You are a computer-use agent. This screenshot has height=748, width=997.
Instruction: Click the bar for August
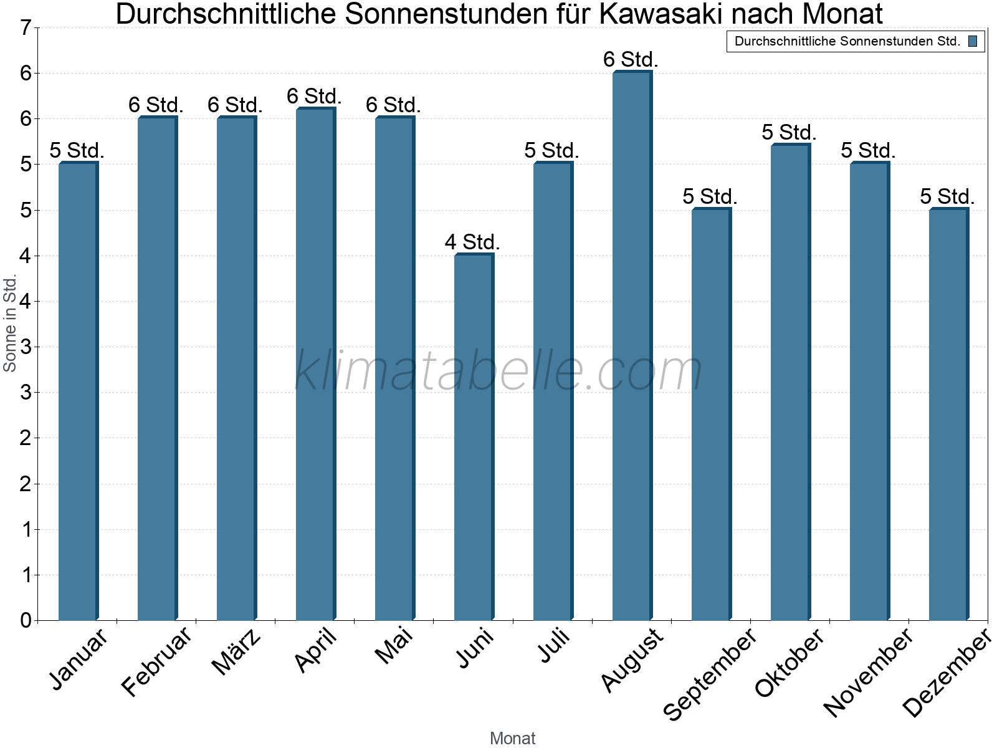coord(632,346)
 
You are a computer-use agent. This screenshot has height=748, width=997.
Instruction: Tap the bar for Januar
coord(78,391)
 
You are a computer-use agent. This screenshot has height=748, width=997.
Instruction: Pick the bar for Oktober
coord(790,382)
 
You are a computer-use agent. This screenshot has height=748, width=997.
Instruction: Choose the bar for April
coord(315,364)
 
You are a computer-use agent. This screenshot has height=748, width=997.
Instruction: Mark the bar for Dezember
coord(948,415)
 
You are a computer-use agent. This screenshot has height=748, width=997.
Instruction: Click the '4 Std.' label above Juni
coord(472,242)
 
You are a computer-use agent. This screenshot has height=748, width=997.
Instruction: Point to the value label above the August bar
coord(631,60)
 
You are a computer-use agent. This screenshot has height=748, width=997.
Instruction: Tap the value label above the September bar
coord(710,196)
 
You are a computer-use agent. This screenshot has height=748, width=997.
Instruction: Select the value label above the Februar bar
coord(156,105)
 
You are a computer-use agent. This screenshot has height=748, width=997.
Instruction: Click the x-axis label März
coord(237,651)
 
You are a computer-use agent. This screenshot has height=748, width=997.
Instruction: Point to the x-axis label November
coord(868,672)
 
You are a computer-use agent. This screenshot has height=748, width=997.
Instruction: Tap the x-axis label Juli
coord(555,645)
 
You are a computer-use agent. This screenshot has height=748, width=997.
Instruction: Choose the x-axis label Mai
coord(394,645)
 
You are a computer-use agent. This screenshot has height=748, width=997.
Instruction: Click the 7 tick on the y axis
coord(26,28)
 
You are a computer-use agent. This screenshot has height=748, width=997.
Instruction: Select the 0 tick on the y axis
coord(26,620)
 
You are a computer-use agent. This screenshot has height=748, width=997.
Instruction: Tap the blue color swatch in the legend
coord(973,42)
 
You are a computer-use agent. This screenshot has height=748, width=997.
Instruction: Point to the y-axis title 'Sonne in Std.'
coord(10,324)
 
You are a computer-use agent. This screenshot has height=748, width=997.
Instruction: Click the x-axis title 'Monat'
coord(512,738)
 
